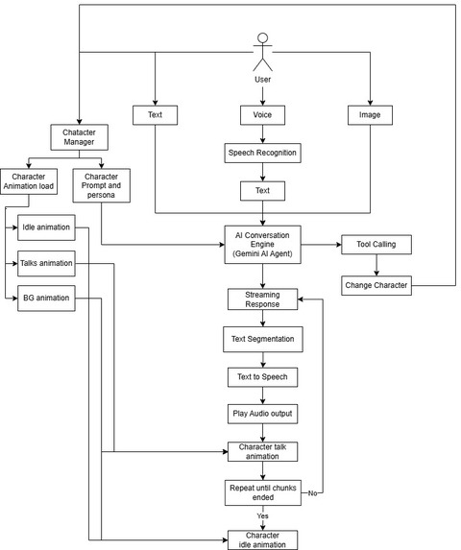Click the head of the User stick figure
(x=263, y=37)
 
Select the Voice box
(x=262, y=115)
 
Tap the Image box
(x=370, y=115)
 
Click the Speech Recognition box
(x=263, y=153)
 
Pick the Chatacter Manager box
(x=80, y=137)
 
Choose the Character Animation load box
(x=29, y=181)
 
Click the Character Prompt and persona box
(x=102, y=185)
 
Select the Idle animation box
(x=46, y=227)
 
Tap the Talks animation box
(x=46, y=263)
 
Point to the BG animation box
(x=46, y=299)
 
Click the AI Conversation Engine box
(x=263, y=245)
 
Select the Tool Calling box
(x=376, y=245)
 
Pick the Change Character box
(x=376, y=285)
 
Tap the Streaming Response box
(x=263, y=299)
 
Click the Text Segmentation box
(x=263, y=339)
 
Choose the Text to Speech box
(x=263, y=377)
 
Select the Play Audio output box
(x=263, y=414)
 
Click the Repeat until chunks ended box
(x=263, y=492)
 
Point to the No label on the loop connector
(x=312, y=493)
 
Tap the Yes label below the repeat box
(x=262, y=516)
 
